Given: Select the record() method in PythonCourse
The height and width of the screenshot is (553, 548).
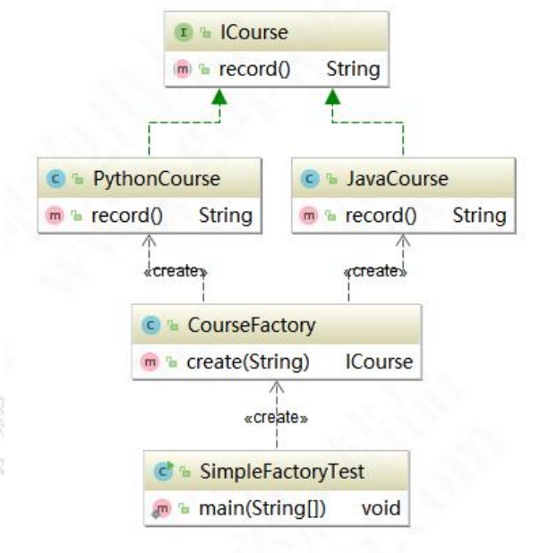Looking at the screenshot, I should [113, 215].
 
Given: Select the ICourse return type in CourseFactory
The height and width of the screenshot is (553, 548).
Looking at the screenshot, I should [379, 362].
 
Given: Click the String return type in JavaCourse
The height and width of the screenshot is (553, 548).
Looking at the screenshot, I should [479, 215].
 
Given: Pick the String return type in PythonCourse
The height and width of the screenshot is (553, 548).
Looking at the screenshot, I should [225, 215].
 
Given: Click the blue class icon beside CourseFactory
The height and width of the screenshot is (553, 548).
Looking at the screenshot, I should [147, 326].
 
